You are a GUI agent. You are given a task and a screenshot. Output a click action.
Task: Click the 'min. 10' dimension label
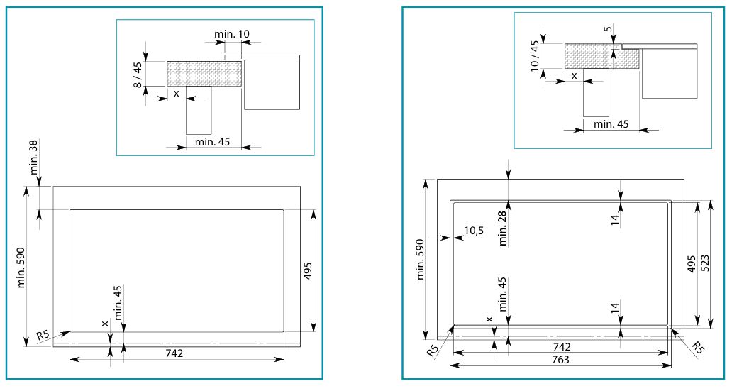click(x=231, y=33)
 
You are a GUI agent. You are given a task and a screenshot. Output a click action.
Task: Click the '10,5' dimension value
click(x=474, y=230)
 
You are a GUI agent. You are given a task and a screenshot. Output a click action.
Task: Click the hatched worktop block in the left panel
click(x=204, y=73)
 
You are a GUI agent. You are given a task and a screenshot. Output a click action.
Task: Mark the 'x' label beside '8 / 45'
click(x=176, y=93)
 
